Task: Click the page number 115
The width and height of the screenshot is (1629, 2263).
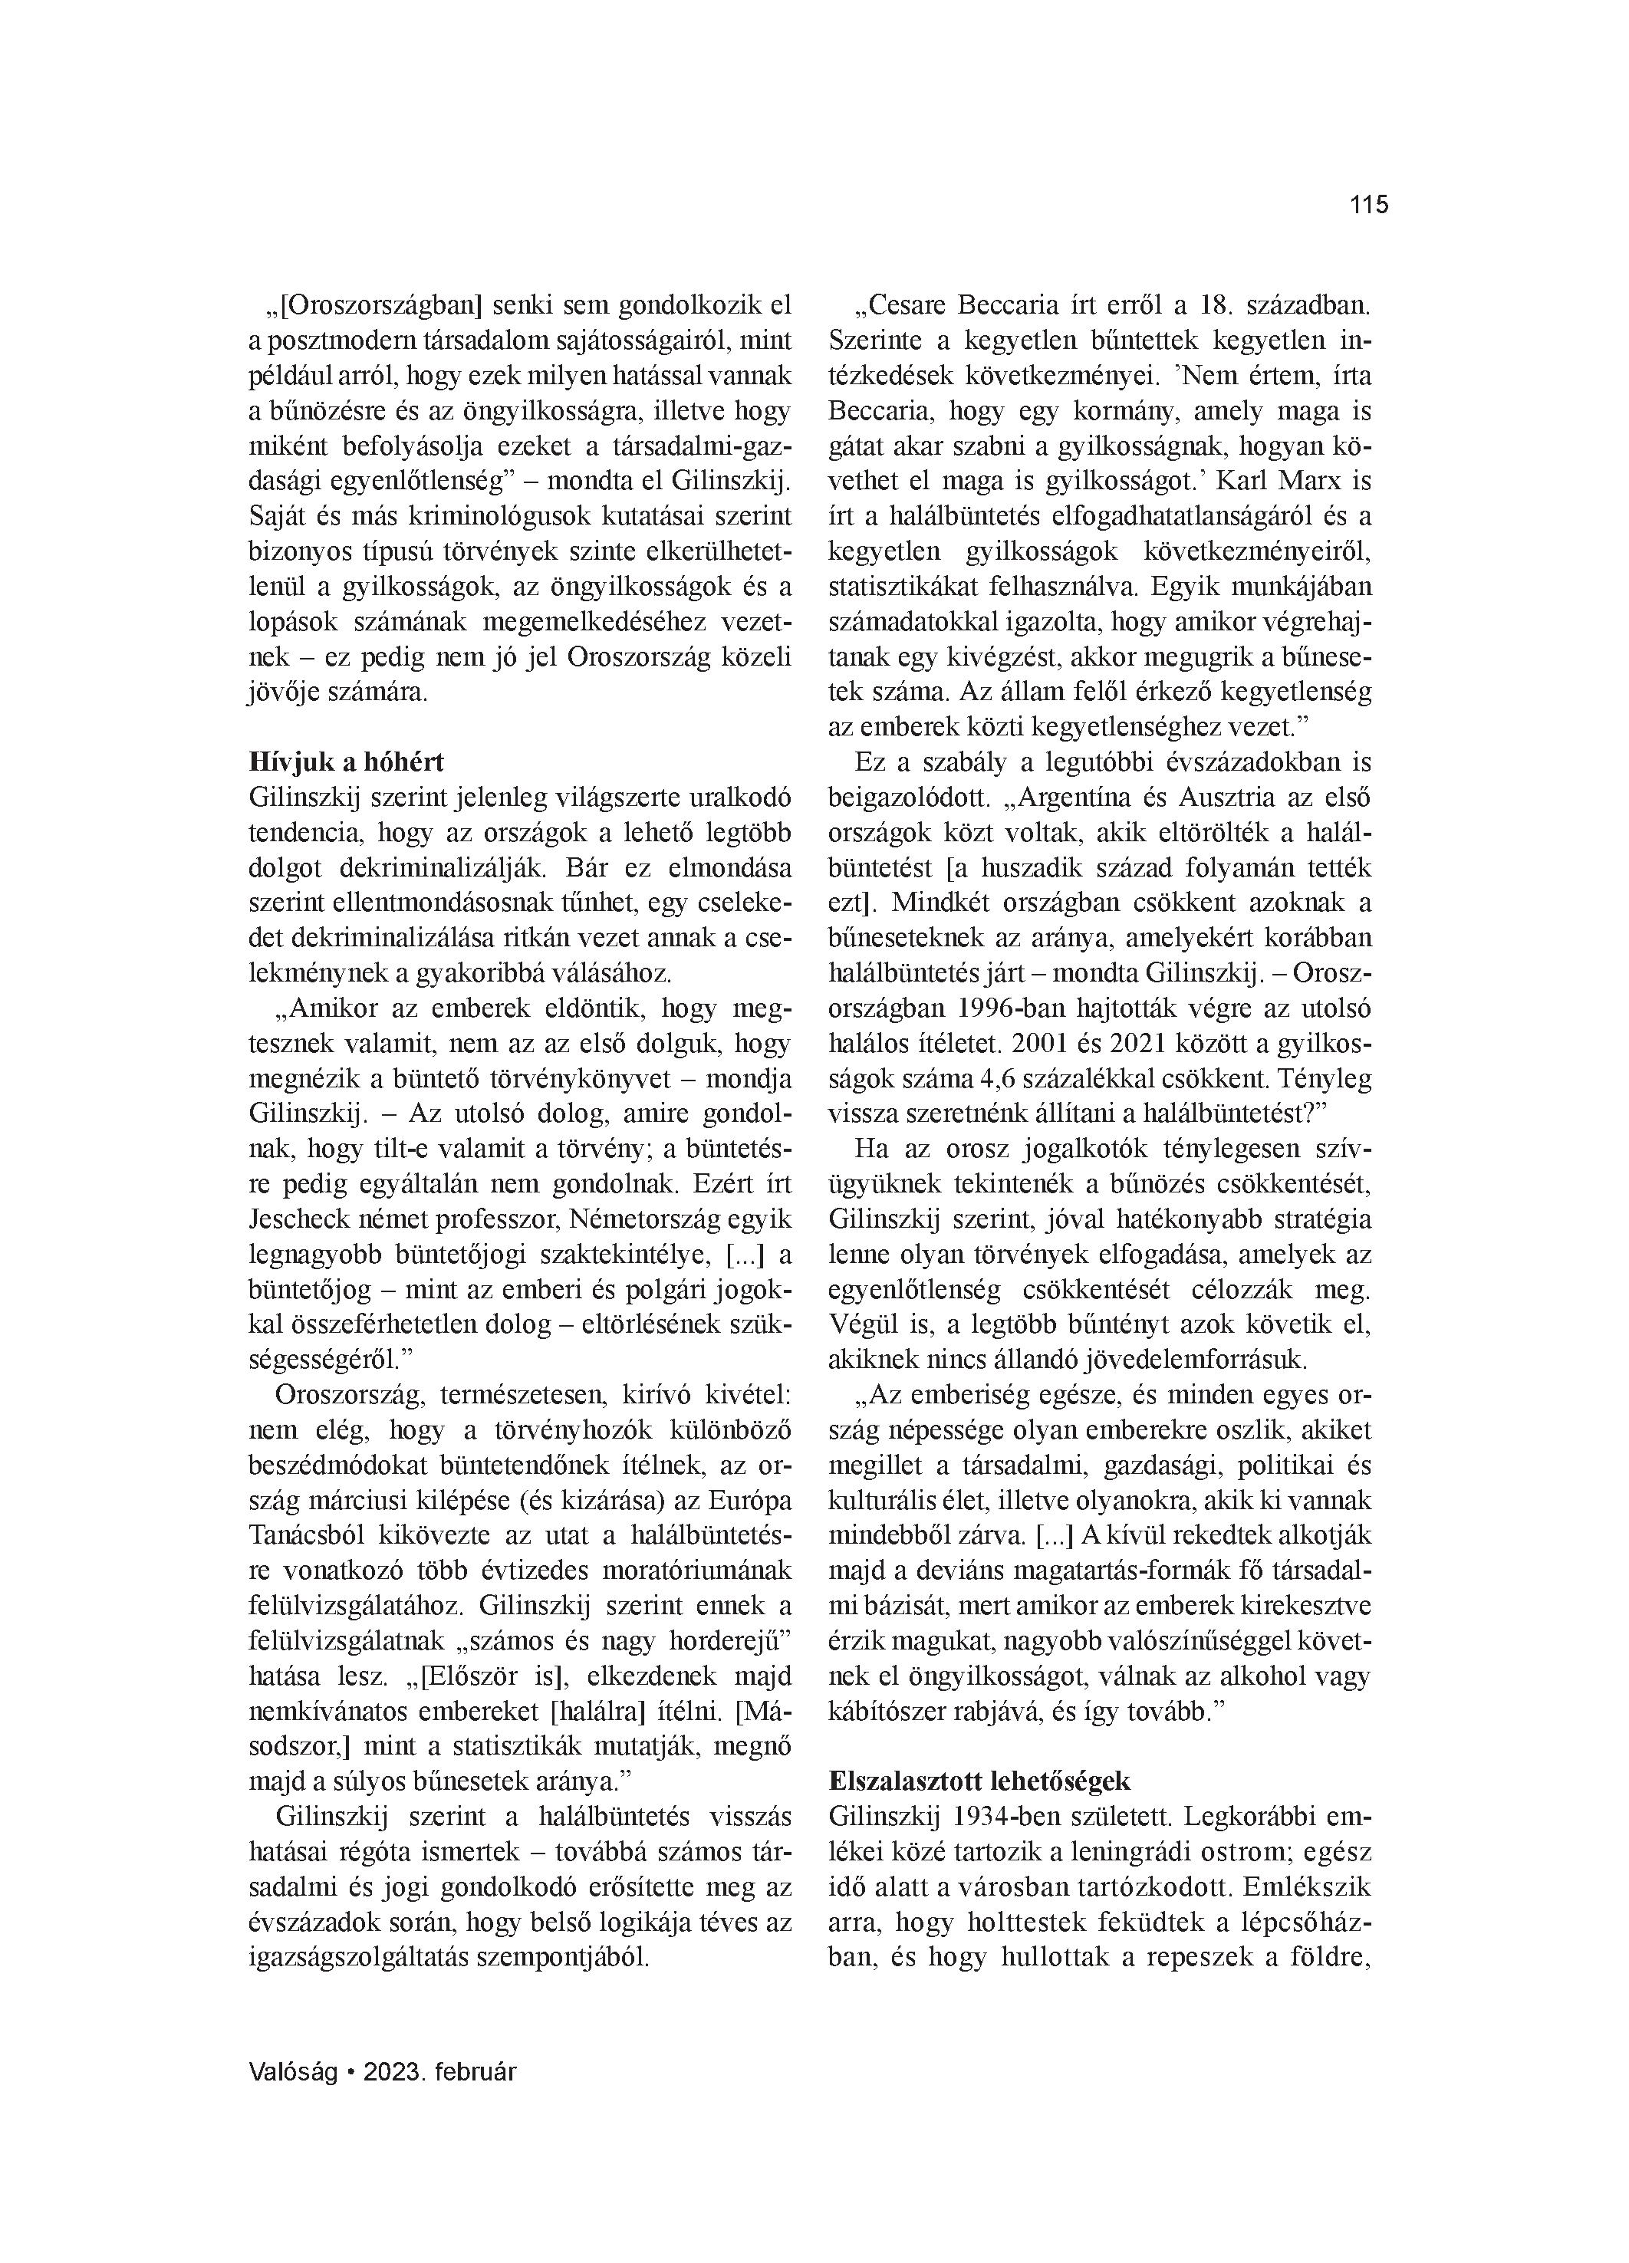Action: (x=1368, y=206)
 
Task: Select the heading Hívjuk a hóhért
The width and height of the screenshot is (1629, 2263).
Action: (x=345, y=762)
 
